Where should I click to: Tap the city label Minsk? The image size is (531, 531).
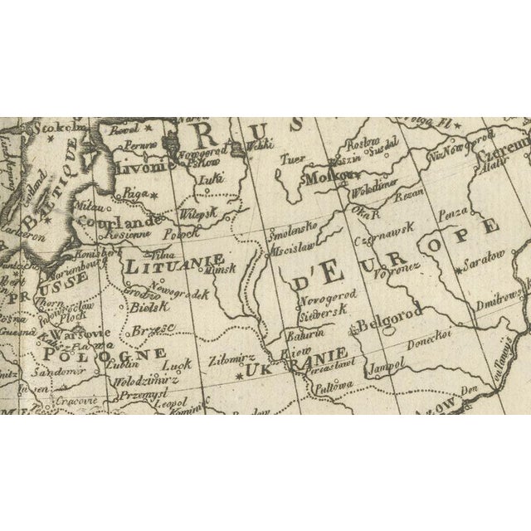pos(222,270)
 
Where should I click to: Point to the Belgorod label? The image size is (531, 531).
pos(391,313)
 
